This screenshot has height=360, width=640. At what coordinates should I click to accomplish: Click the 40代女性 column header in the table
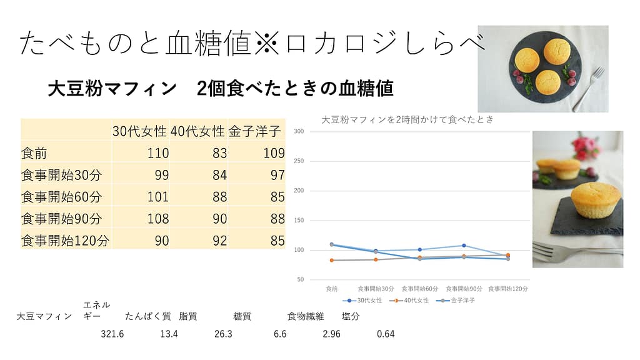197,132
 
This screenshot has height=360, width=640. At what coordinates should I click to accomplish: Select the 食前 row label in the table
34,154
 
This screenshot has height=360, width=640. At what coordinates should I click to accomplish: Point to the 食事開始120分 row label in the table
65,241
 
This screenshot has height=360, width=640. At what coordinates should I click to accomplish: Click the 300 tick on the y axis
299,132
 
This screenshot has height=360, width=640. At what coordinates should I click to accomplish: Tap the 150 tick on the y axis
299,221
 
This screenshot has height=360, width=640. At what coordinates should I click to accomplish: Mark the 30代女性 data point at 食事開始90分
464,246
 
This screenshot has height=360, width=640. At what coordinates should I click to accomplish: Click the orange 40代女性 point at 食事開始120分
507,255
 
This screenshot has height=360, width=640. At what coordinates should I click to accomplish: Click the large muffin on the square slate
595,199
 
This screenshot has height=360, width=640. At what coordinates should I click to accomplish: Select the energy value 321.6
112,334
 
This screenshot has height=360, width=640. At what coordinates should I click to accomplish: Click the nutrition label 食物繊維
306,317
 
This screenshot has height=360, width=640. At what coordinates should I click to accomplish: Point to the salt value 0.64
386,334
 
